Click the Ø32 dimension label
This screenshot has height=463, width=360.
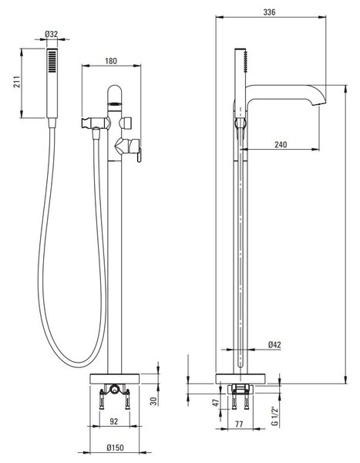52,34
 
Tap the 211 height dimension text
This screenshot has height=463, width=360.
17,82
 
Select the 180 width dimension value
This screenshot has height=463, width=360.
111,61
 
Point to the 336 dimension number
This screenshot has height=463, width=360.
269,12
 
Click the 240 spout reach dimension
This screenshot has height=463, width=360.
281,144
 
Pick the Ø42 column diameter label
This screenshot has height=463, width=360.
274,345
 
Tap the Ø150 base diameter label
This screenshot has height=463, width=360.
115,448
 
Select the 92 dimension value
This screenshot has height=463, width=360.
113,421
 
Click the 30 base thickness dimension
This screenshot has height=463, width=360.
153,400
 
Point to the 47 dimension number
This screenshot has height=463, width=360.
217,403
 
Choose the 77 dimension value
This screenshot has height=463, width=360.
239,424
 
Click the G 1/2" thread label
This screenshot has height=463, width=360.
274,417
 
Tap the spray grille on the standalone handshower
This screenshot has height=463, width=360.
52,61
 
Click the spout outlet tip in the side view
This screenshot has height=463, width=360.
318,104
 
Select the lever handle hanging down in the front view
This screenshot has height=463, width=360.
139,155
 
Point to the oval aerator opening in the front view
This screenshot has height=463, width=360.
115,103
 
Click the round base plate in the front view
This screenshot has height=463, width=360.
115,379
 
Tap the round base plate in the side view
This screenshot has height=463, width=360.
241,379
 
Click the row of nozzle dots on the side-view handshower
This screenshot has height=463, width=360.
245,61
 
